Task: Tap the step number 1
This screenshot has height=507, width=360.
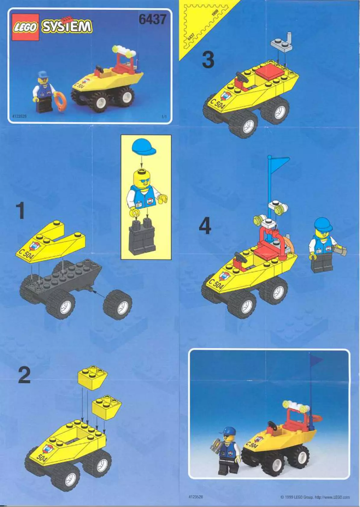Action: click(x=20, y=211)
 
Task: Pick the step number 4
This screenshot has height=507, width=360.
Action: click(x=205, y=227)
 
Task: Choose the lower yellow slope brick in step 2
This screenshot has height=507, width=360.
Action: click(x=107, y=406)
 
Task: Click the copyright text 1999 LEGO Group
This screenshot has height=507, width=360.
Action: click(x=315, y=497)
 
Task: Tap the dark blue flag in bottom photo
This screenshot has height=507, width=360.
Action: click(x=316, y=361)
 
